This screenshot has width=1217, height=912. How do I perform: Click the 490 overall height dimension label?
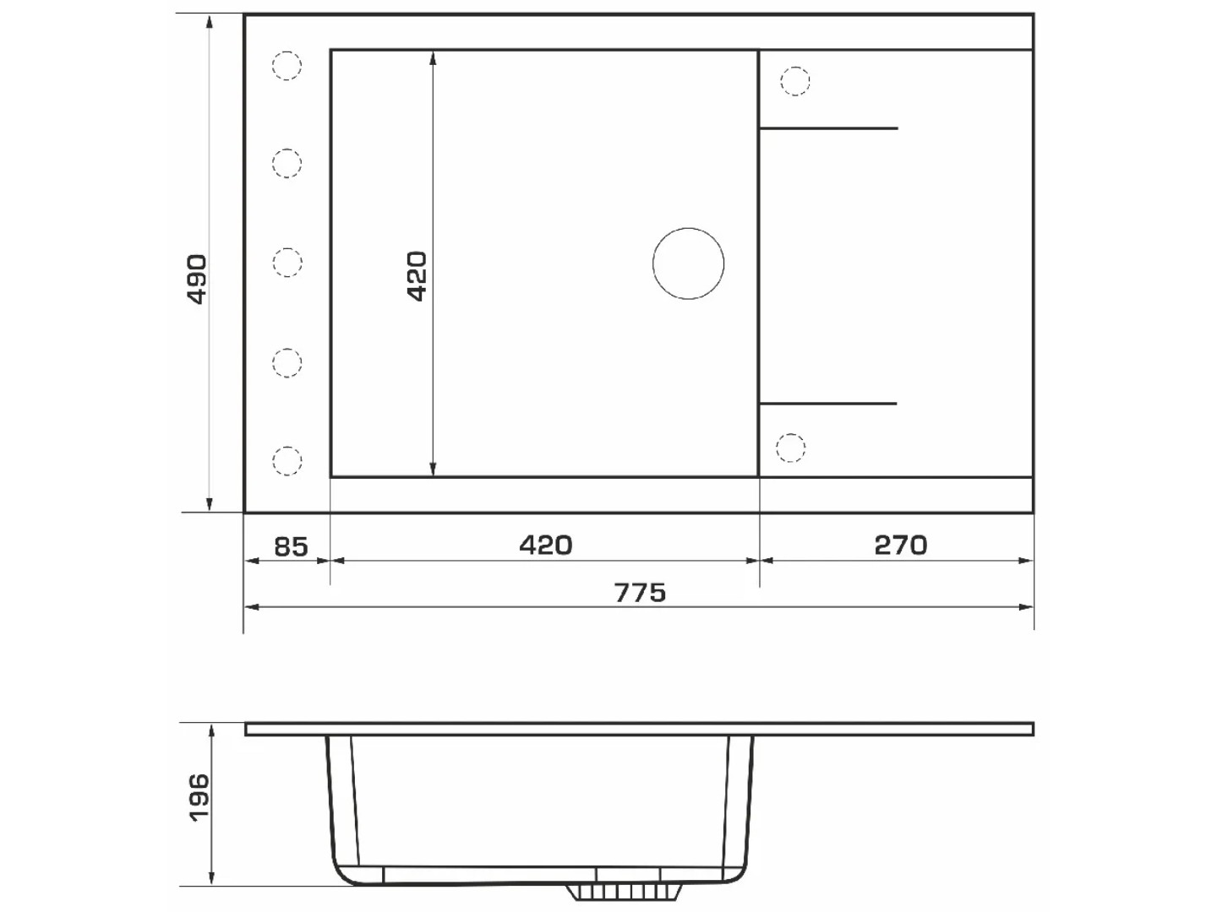(x=198, y=280)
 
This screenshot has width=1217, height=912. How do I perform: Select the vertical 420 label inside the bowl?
(x=417, y=276)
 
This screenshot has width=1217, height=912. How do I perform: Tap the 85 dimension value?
(x=291, y=547)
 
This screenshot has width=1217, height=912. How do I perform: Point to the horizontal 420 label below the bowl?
(x=546, y=546)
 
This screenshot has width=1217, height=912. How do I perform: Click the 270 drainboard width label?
(x=901, y=546)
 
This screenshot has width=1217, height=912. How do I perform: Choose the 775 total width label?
(x=640, y=593)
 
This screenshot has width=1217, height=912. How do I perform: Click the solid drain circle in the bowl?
(x=688, y=263)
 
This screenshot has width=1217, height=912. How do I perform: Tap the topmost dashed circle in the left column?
(x=287, y=65)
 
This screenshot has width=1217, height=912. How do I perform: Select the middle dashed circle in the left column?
(x=287, y=263)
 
